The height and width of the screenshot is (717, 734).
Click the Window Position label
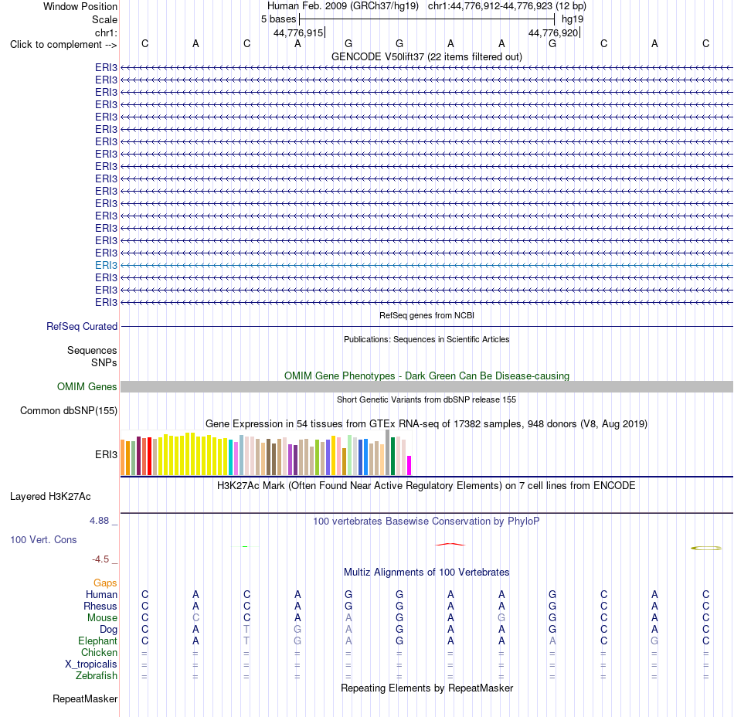tap(80, 6)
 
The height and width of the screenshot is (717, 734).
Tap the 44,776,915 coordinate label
tap(298, 32)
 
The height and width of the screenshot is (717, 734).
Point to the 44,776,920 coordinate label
tap(553, 32)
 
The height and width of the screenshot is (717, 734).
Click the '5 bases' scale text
tap(278, 19)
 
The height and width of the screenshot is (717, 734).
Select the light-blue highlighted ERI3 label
tap(106, 265)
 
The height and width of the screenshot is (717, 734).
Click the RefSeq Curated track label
tap(82, 326)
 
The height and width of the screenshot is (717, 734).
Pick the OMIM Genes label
tap(87, 386)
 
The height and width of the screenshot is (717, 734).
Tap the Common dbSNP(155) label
tap(69, 410)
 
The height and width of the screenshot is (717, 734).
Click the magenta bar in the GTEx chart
tap(409, 466)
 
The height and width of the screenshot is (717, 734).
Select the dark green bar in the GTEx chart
tap(392, 457)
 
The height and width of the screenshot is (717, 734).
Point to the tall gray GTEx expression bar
tap(388, 453)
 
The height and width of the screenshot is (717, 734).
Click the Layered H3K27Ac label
tap(50, 497)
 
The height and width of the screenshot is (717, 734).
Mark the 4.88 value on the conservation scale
tap(99, 521)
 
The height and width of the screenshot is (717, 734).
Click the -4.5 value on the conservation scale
tap(100, 559)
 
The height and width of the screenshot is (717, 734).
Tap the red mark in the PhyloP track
tap(450, 544)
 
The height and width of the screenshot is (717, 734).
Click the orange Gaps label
tap(105, 583)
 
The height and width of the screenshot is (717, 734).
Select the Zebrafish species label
tap(97, 675)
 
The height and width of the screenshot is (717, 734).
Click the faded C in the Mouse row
tap(195, 618)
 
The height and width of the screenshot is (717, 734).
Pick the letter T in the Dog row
tap(246, 629)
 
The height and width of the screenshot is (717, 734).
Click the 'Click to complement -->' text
tap(63, 45)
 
